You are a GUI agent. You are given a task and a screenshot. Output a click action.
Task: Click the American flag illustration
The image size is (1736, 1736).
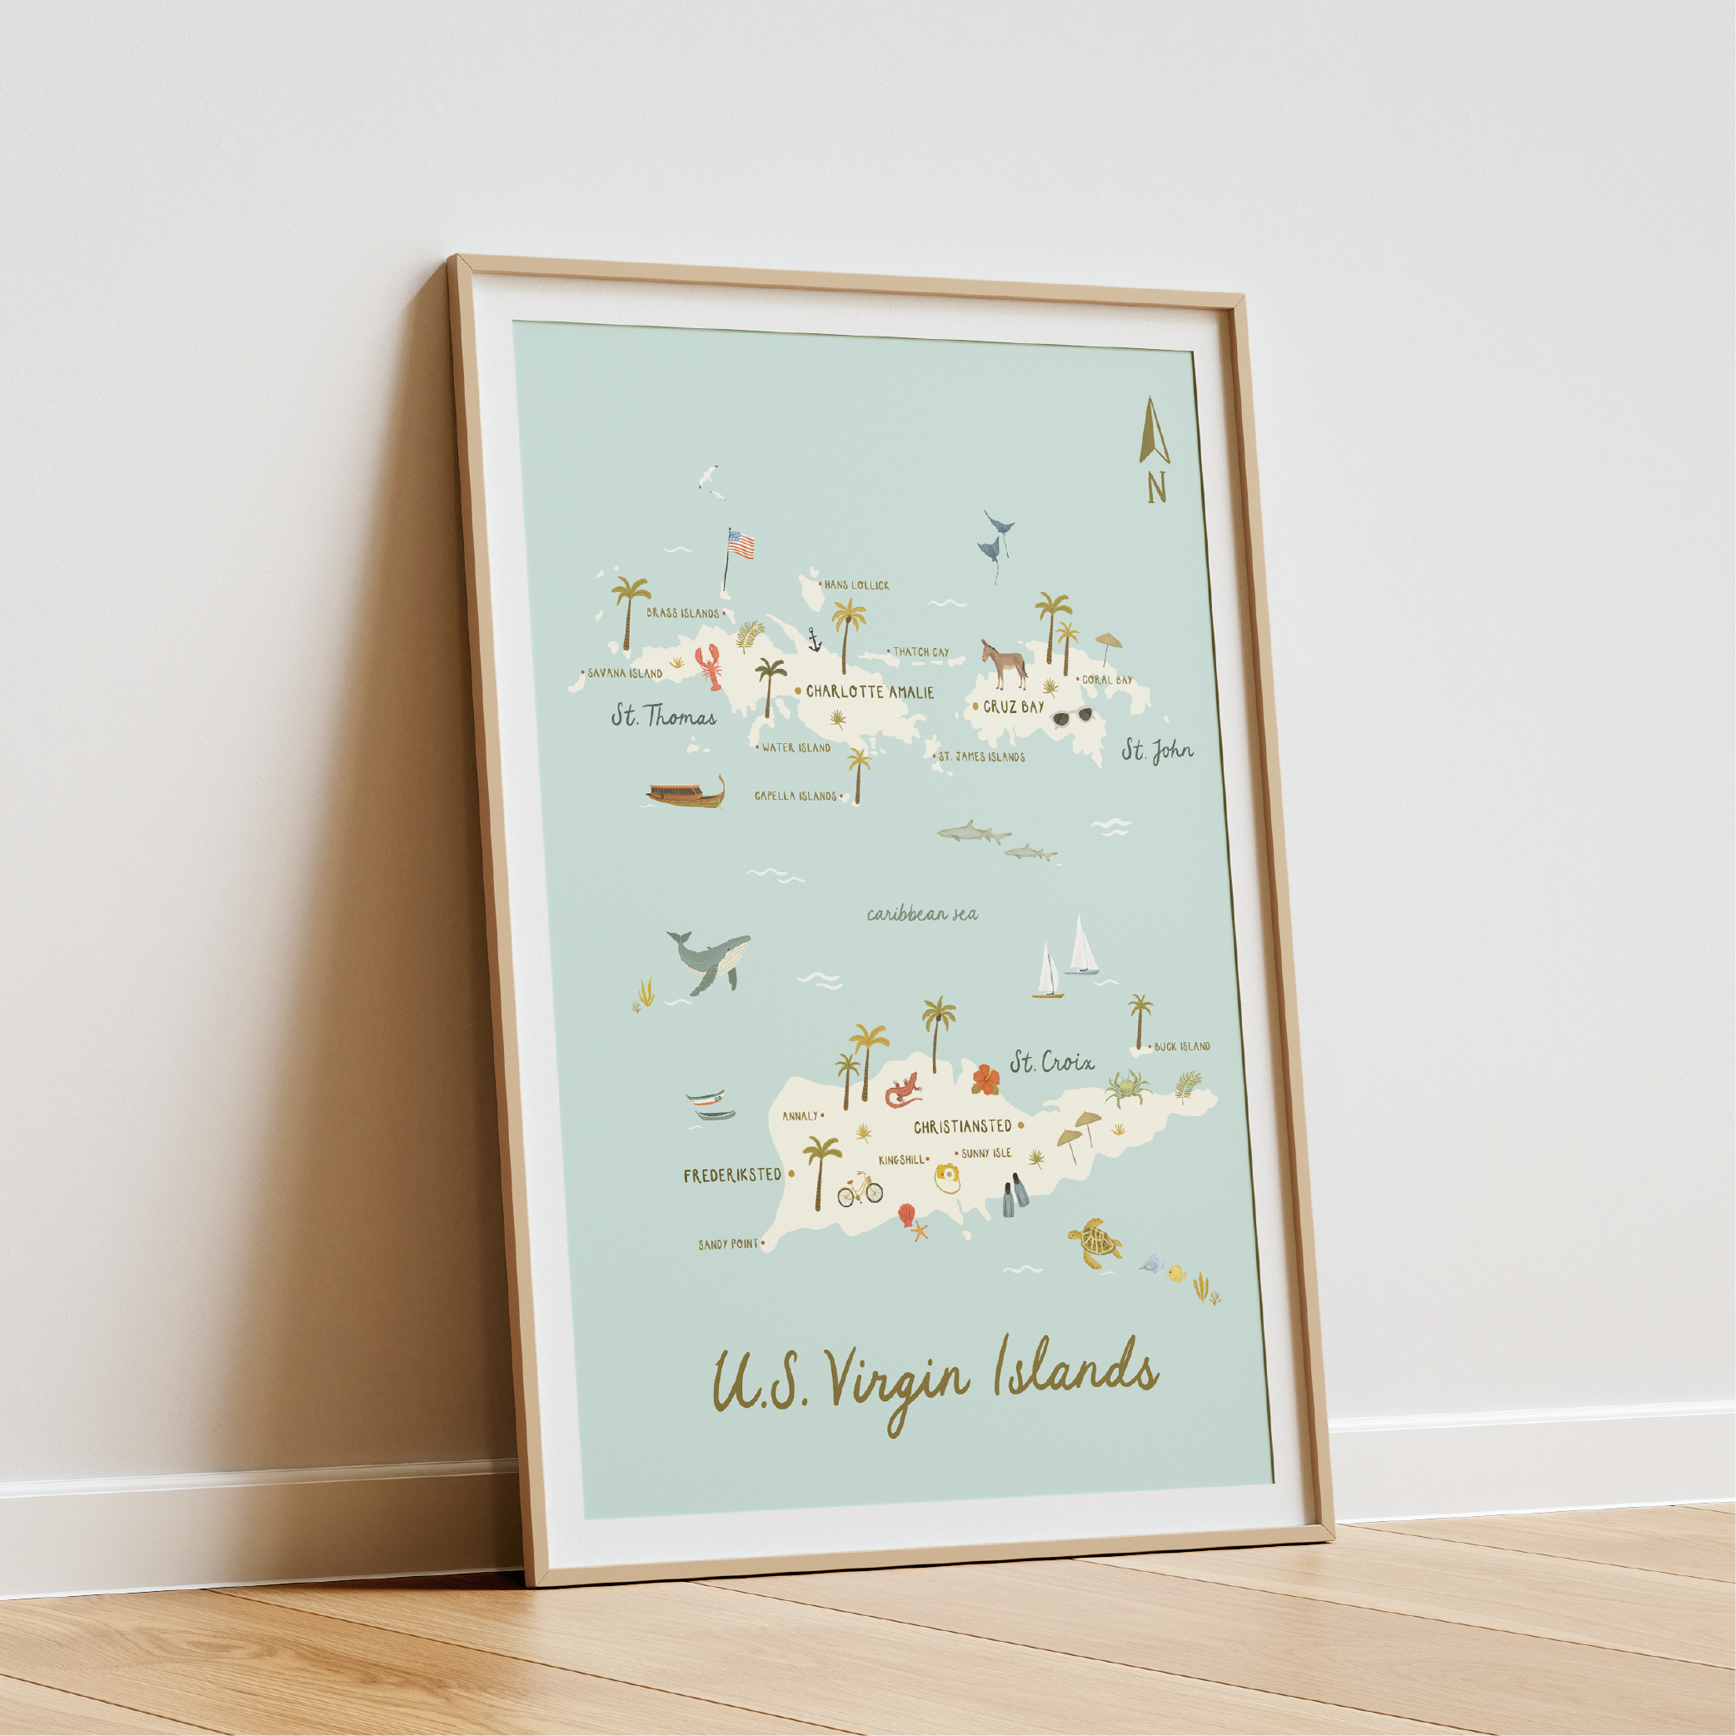click(x=740, y=544)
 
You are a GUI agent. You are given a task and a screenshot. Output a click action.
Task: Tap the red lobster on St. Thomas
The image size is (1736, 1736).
click(x=711, y=666)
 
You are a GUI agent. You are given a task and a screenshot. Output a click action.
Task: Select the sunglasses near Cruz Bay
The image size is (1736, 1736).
click(x=1073, y=716)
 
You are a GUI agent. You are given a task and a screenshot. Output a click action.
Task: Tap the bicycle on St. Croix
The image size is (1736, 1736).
click(x=860, y=1190)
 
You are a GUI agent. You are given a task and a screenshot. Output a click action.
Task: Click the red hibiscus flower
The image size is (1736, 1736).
click(x=985, y=1078)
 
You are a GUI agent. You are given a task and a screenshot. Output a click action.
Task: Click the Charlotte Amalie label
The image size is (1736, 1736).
click(x=869, y=691)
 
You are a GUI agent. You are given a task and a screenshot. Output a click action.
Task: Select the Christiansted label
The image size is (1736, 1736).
click(x=962, y=1127)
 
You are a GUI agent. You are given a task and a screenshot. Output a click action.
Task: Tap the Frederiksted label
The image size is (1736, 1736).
click(x=732, y=1175)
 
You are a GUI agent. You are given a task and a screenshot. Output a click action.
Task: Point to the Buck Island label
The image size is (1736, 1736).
click(x=1181, y=1047)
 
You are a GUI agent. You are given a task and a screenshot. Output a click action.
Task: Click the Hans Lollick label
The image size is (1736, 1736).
click(x=856, y=585)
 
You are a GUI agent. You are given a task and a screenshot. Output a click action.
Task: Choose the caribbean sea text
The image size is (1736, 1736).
click(x=922, y=915)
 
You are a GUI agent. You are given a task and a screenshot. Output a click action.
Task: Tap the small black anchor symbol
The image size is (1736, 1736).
click(x=814, y=640)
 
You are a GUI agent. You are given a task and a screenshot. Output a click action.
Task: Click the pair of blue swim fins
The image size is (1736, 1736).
click(x=1014, y=1196)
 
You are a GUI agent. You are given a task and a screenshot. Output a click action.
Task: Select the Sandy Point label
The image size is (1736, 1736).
click(x=728, y=1245)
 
